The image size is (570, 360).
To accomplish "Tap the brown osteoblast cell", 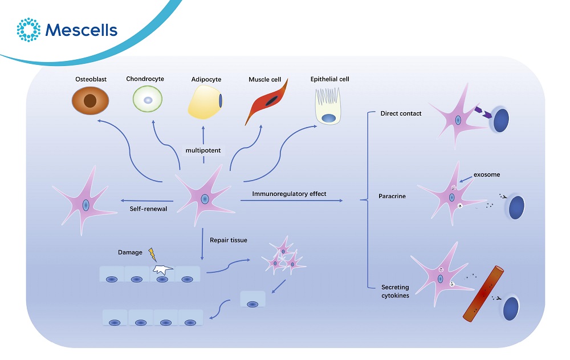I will tap(90, 101).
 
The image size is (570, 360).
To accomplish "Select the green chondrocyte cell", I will tap(148, 100).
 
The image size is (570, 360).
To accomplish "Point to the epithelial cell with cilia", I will tap(329, 105).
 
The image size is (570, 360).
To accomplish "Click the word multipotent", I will tap(203, 150).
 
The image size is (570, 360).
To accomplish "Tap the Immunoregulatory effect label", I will tap(290, 194).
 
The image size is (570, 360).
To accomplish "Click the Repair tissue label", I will tap(229, 240).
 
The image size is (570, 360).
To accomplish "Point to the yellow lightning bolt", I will tap(152, 254).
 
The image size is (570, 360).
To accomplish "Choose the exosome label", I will tap(486, 174).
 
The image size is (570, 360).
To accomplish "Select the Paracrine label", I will tap(392, 197).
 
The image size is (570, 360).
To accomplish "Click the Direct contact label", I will tap(401, 113).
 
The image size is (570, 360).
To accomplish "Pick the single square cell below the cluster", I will tap(252, 300).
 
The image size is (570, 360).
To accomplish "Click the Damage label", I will tap(130, 252).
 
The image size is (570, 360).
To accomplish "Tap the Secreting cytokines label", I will tap(396, 291).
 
